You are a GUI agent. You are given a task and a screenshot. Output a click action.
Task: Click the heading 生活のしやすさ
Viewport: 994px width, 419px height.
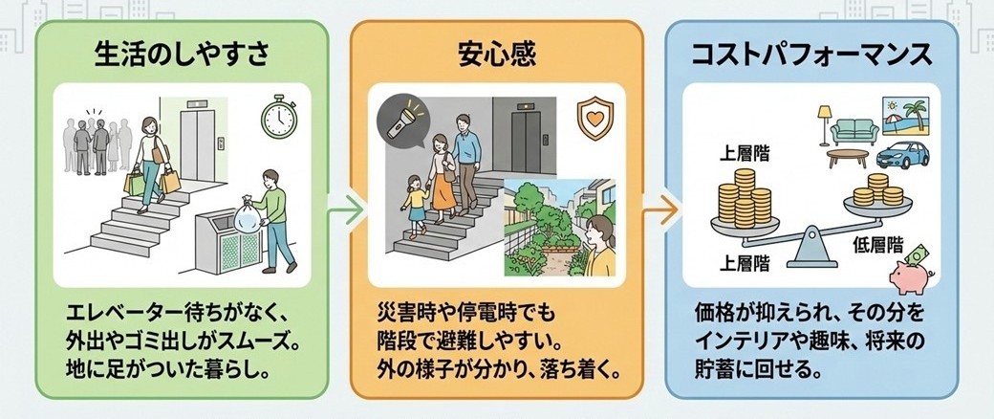(181, 55)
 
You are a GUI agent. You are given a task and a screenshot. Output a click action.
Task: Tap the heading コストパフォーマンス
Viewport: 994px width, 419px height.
(812, 55)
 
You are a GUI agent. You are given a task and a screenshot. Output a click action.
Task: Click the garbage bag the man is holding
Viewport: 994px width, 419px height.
(247, 211)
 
